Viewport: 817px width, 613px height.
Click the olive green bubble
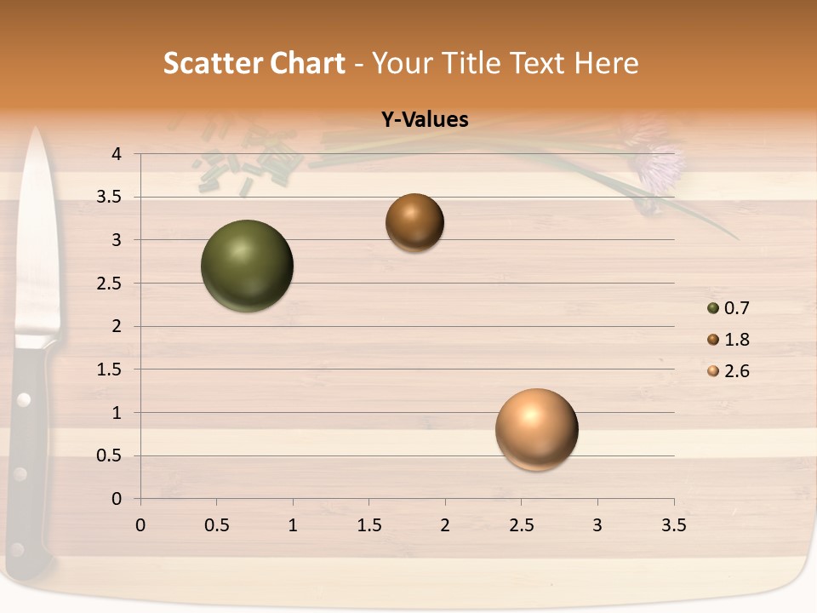click(247, 266)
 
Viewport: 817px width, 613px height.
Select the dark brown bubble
click(414, 222)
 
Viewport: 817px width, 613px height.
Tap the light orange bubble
click(536, 429)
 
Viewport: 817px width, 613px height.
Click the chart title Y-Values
click(424, 120)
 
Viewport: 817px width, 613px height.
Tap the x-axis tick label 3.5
click(673, 526)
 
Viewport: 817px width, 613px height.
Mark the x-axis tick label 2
click(445, 526)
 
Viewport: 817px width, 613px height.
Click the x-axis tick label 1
click(293, 526)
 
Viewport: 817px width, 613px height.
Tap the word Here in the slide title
click(607, 63)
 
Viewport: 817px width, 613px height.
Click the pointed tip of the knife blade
click(36, 130)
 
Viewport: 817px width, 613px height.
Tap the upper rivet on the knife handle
click(24, 398)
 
